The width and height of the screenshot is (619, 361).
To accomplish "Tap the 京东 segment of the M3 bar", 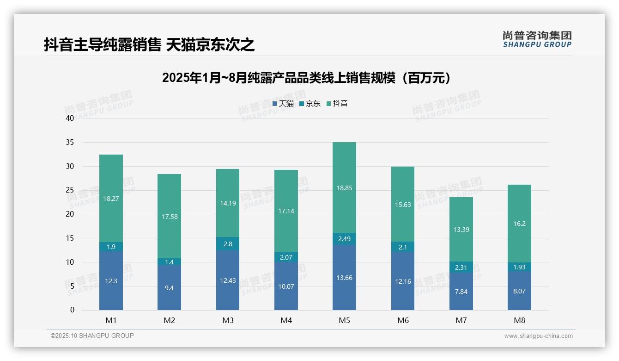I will click(x=228, y=244).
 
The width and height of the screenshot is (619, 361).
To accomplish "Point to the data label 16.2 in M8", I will click(x=520, y=224).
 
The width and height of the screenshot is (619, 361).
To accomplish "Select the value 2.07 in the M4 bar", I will click(x=286, y=257).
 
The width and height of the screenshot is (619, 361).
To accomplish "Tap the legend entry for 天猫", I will click(x=283, y=104).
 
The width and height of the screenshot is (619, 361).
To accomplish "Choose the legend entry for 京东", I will click(x=310, y=104).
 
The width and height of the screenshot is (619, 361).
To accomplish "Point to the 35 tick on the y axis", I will click(x=70, y=143).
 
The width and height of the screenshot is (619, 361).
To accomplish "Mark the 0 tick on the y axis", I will click(x=72, y=310).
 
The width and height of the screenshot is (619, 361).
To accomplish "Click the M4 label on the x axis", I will click(x=286, y=320).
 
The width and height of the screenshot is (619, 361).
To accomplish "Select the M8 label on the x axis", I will click(x=520, y=320).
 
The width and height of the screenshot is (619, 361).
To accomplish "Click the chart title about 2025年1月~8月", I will click(x=306, y=78).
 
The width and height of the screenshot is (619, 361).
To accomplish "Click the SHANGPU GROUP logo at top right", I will click(x=537, y=39).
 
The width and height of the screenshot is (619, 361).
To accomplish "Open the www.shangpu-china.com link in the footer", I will click(x=538, y=336).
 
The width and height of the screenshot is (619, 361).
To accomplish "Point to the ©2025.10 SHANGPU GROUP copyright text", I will click(x=92, y=336).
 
